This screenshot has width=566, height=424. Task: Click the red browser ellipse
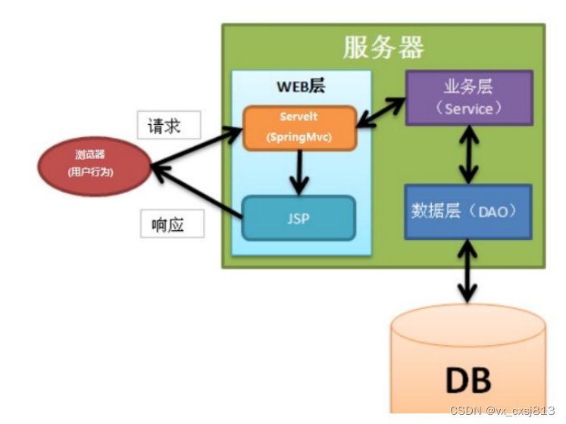95,167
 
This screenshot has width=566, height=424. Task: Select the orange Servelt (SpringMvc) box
299,128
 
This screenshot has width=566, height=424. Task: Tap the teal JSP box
299,218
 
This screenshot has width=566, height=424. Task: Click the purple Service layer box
469,98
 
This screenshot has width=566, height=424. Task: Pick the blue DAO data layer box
468,212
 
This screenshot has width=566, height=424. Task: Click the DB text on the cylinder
468,380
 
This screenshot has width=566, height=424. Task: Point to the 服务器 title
383,47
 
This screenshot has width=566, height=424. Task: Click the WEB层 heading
301,86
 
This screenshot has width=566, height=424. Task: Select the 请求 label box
169,125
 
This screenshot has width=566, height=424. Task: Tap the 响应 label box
172,223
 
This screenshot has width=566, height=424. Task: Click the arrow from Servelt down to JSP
299,173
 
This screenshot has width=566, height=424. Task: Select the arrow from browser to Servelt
197,146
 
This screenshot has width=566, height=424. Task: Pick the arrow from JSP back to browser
197,192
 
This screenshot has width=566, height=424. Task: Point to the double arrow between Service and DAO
468,154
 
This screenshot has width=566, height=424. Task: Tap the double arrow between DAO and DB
467,271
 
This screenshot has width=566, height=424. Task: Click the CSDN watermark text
502,410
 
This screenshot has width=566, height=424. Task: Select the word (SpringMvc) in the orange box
299,137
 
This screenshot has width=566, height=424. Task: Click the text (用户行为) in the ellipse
90,172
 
